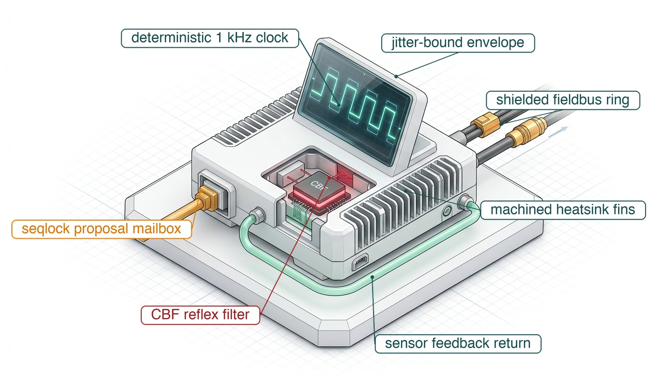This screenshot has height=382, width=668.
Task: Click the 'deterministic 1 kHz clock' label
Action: point(210,38)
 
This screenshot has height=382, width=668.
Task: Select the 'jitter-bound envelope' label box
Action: point(458,43)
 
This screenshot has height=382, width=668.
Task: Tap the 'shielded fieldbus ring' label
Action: point(563,100)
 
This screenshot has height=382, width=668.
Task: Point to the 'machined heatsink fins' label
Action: point(563,210)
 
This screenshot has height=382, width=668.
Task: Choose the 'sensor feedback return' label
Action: point(458,344)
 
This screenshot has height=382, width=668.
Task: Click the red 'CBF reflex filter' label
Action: point(200,315)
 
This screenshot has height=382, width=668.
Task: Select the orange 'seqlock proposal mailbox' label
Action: point(101,229)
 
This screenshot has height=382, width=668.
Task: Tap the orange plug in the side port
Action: point(207,198)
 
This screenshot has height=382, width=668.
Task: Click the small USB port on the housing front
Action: point(360,262)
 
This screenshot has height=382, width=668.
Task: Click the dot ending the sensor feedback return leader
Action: point(373,277)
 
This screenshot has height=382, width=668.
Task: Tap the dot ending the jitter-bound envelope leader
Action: point(396,76)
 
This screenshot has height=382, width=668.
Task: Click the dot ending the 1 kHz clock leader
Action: point(339,105)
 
